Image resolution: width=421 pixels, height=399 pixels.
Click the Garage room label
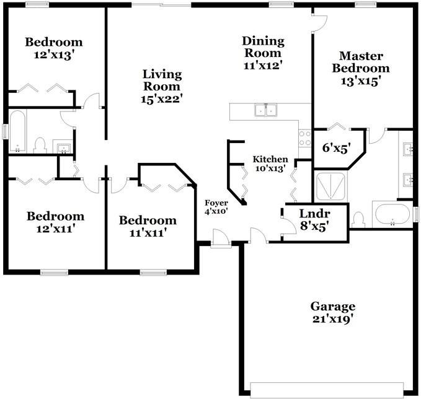[x=333, y=313]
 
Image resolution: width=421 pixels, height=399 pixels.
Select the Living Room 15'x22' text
[x=162, y=85]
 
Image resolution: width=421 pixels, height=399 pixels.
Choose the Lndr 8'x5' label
[x=314, y=220]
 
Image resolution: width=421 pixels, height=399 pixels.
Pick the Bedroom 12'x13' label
[x=53, y=48]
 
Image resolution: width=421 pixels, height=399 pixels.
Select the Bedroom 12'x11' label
[x=55, y=222]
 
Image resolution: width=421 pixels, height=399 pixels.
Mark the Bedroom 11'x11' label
[x=148, y=226]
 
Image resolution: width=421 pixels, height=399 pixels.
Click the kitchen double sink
[x=265, y=111]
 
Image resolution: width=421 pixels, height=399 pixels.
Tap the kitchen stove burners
[x=304, y=138]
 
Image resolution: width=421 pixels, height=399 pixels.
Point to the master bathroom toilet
[x=359, y=219]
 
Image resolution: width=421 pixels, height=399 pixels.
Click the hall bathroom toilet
[x=40, y=146]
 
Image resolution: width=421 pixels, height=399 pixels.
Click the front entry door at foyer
[x=220, y=239]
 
